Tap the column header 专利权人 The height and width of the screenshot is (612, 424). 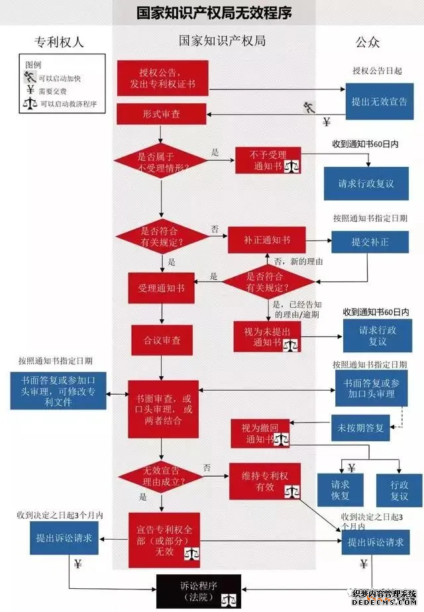pyautogui.click(x=59, y=42)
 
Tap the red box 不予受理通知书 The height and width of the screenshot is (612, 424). pyautogui.click(x=267, y=162)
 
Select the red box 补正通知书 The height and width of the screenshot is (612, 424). pyautogui.click(x=267, y=240)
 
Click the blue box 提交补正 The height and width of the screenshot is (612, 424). pyautogui.click(x=370, y=242)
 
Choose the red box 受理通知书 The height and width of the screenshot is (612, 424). pyautogui.click(x=161, y=289)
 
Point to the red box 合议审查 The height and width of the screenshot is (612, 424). pyautogui.click(x=162, y=341)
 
